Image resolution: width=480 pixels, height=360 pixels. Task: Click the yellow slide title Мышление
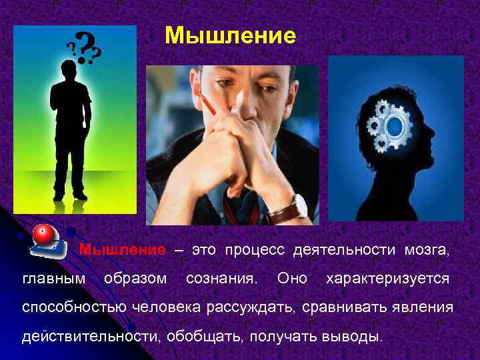pyautogui.click(x=230, y=35)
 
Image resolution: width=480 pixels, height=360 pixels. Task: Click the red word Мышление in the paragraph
pyautogui.click(x=123, y=250)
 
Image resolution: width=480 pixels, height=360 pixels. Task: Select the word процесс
pyautogui.click(x=254, y=250)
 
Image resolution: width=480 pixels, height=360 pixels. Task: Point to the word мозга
pyautogui.click(x=427, y=250)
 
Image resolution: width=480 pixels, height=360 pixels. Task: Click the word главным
pyautogui.click(x=53, y=278)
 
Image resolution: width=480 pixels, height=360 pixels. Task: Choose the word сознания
pyautogui.click(x=223, y=278)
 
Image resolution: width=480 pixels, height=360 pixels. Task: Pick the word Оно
pyautogui.click(x=292, y=278)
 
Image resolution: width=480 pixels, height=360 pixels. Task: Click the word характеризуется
pyautogui.click(x=387, y=278)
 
